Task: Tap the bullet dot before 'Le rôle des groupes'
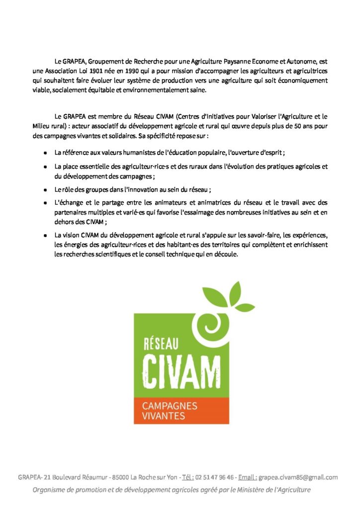tap(45, 189)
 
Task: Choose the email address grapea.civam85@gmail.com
tap(299, 477)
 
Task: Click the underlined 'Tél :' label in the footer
tap(188, 477)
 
